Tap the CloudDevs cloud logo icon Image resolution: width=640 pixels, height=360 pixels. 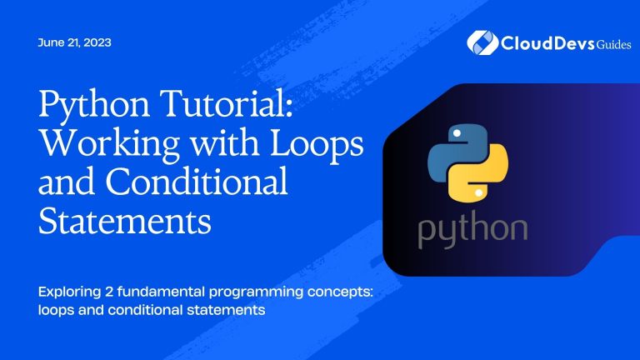(x=482, y=41)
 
